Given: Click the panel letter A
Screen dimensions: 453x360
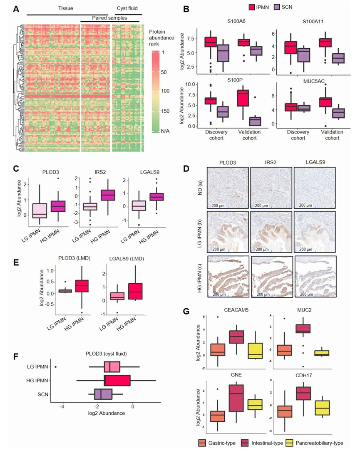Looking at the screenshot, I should click(x=17, y=10).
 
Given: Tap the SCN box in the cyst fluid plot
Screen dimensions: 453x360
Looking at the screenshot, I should click(x=104, y=394).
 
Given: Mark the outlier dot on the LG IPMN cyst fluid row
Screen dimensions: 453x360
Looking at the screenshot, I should click(x=56, y=367).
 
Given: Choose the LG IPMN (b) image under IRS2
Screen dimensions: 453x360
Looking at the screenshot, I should click(x=271, y=230).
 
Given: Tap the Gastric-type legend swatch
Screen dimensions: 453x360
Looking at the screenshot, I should click(x=202, y=443).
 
